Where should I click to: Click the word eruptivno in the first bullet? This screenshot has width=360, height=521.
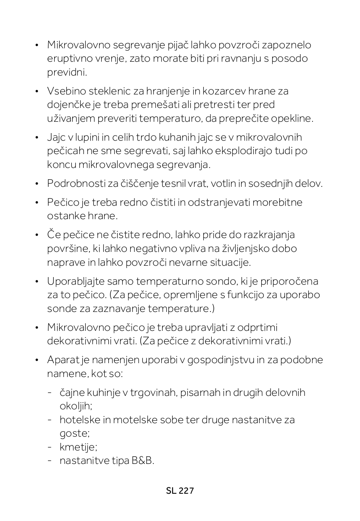coord(66,58)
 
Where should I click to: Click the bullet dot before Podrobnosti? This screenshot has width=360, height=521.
coord(37,183)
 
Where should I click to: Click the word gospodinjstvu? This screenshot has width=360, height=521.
coord(219,360)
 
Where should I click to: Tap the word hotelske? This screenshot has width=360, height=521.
coord(77,420)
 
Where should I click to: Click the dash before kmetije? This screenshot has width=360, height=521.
coord(50,447)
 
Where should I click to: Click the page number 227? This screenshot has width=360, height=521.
coord(187,491)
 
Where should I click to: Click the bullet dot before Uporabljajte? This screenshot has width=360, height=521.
coord(37,281)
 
